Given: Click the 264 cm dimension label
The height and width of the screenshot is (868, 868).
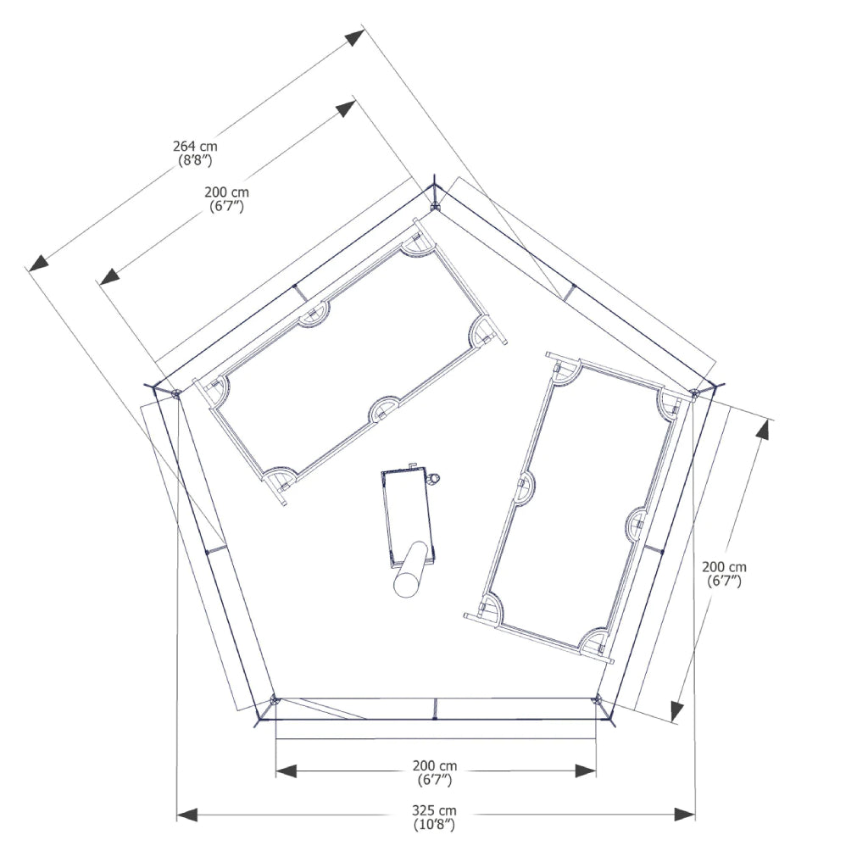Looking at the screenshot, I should click(x=195, y=147).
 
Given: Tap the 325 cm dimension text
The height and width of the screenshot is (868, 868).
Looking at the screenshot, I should click(x=435, y=811).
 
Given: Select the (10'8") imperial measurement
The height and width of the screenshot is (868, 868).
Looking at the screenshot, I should click(x=435, y=825).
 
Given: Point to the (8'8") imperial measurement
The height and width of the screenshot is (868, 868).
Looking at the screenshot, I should click(x=195, y=159).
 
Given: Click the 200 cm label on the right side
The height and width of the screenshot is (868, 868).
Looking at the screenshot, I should click(x=725, y=567).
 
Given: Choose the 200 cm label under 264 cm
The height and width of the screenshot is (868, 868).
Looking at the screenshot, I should click(x=226, y=192).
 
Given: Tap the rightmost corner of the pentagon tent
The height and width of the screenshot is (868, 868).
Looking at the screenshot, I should click(x=695, y=392).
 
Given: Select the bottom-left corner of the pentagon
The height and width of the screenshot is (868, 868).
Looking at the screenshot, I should click(x=273, y=701).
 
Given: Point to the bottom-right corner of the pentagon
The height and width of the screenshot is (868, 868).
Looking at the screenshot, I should click(x=598, y=700).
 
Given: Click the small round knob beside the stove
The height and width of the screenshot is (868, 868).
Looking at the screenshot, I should click(x=435, y=480).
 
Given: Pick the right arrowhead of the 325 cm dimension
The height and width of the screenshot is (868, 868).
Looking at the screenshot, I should click(x=685, y=815).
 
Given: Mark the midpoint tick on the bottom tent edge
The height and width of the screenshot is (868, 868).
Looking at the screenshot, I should click(x=435, y=709).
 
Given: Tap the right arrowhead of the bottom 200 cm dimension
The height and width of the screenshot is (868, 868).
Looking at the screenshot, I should click(x=586, y=771).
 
